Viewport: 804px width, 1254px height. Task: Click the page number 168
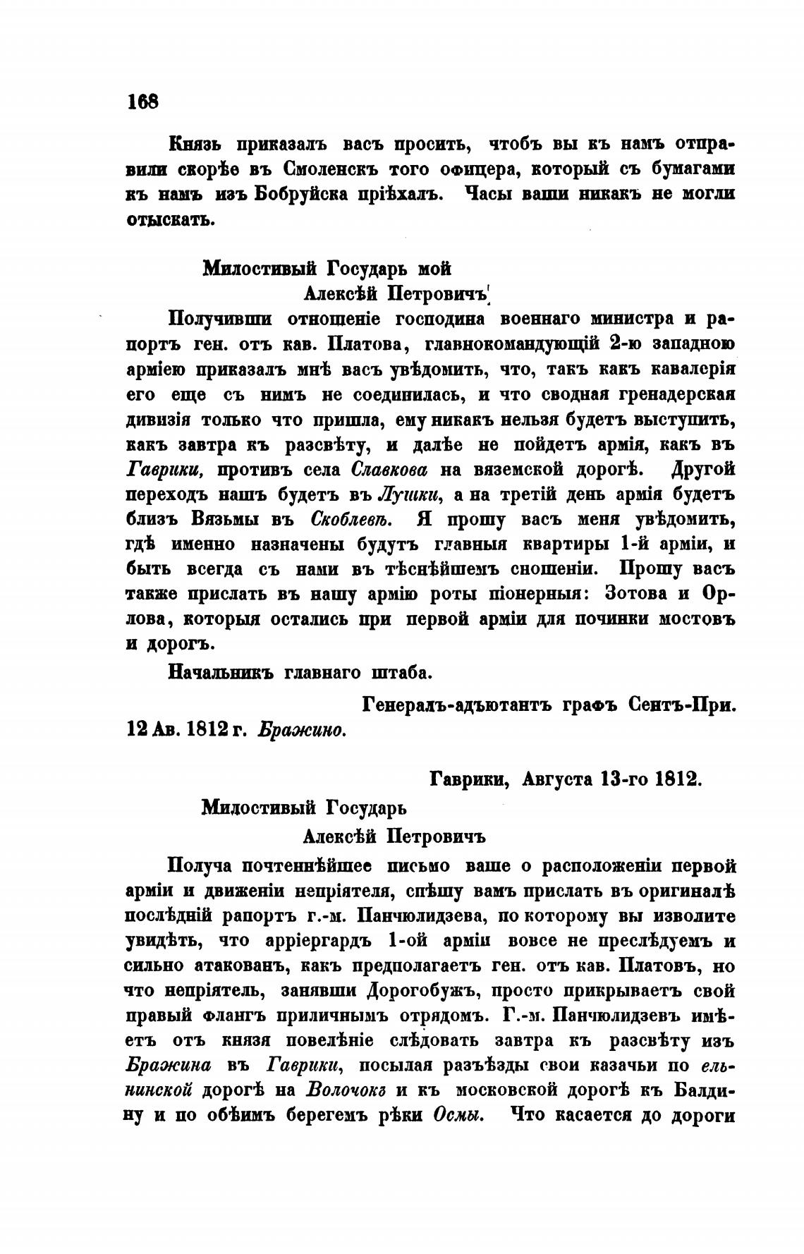pos(143,102)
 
